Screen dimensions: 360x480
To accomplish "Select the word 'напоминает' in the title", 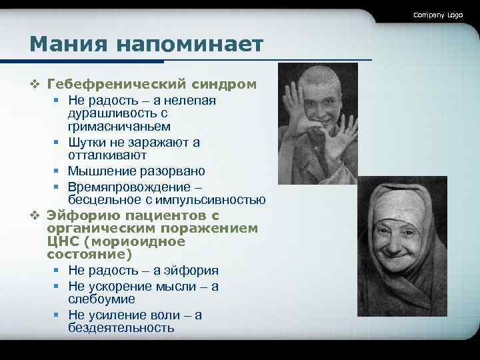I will tap(189, 45).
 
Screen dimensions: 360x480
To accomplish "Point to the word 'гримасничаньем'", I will tap(119, 126).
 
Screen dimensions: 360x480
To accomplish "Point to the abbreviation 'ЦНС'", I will tap(63, 241).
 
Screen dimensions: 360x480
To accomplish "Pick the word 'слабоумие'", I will tap(101, 299).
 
